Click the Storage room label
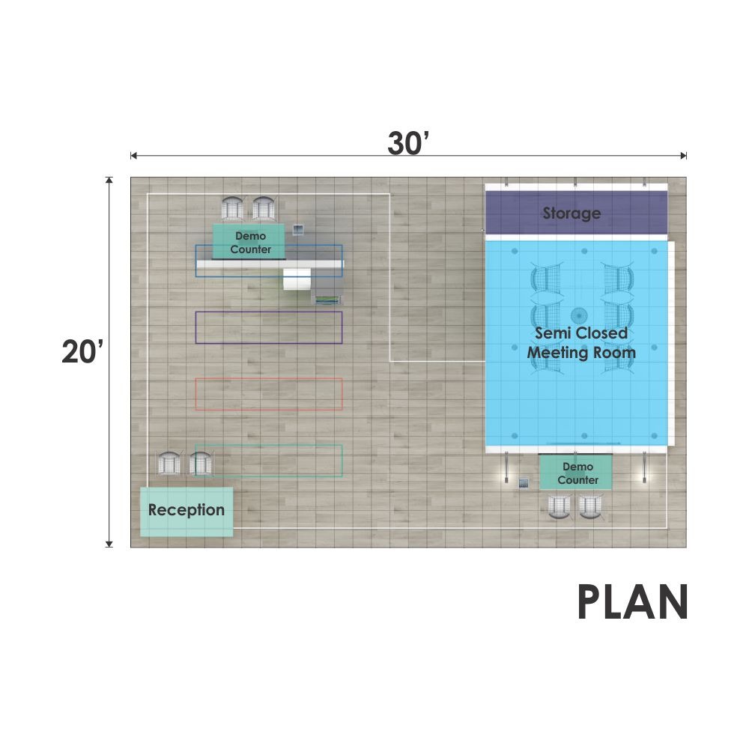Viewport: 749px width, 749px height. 571,213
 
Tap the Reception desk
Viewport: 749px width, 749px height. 187,512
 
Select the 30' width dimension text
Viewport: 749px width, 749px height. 408,142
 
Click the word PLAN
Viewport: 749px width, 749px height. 633,602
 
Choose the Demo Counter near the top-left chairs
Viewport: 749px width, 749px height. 249,242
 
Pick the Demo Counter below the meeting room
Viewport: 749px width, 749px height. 576,473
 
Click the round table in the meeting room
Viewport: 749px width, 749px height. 579,316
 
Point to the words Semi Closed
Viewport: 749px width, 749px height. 581,333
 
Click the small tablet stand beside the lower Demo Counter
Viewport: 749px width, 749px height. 524,483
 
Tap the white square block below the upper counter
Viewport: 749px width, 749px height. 297,279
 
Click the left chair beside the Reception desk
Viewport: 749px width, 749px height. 169,463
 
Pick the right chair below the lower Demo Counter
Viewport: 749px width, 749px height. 591,507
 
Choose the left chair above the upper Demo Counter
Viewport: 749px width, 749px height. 233,208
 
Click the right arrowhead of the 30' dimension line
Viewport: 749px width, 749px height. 684,155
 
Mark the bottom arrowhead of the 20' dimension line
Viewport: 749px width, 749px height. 109,544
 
